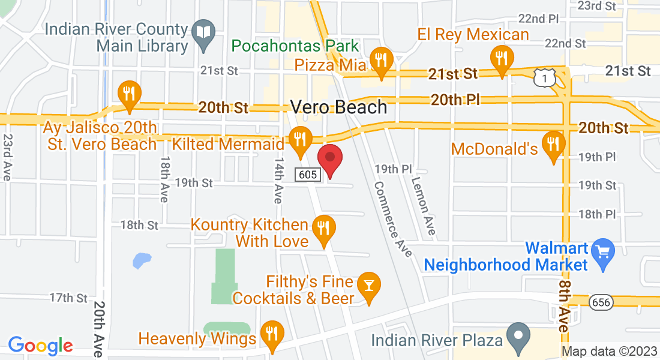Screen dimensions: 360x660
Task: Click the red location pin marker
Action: [x=329, y=158]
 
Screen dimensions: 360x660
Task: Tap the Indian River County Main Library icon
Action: [x=204, y=31]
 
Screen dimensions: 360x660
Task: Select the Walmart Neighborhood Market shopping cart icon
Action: [x=601, y=250]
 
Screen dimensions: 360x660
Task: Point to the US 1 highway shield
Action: [x=543, y=77]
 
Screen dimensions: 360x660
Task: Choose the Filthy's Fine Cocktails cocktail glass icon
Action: [x=367, y=285]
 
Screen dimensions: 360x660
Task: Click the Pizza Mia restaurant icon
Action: [x=380, y=60]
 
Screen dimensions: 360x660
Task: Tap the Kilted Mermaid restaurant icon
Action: [x=299, y=139]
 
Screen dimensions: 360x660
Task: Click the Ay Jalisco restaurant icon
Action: [x=128, y=94]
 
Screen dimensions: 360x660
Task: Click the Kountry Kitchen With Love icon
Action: [x=323, y=228]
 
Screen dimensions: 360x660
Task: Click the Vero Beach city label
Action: [x=339, y=107]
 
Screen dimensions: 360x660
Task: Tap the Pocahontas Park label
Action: [x=295, y=46]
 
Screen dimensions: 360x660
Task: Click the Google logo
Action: [x=40, y=345]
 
